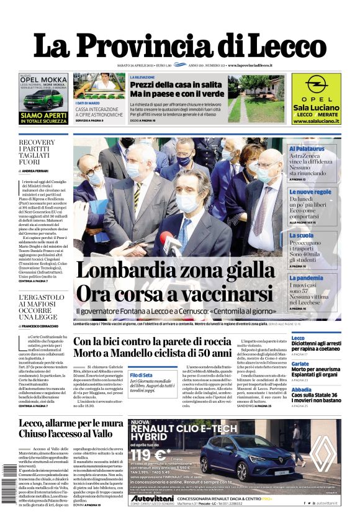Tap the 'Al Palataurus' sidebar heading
click(307, 150)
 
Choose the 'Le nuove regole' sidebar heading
click(310, 192)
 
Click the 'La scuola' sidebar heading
click(302, 235)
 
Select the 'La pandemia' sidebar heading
click(306, 278)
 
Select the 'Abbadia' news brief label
click(300, 388)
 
